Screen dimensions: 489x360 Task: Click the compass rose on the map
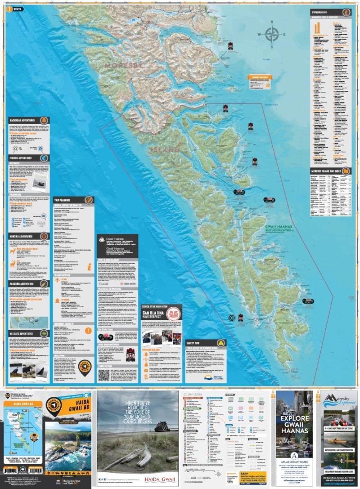[271, 34]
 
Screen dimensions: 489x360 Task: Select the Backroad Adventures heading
[25, 120]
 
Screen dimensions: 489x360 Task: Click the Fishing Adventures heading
[24, 158]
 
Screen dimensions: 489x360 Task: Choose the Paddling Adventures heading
[24, 270]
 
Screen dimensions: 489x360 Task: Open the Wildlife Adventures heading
[24, 333]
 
